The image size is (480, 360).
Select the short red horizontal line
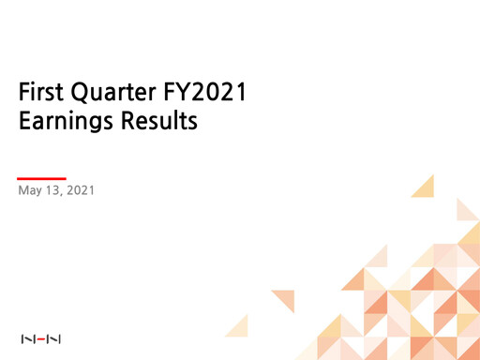coord(42,178)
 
